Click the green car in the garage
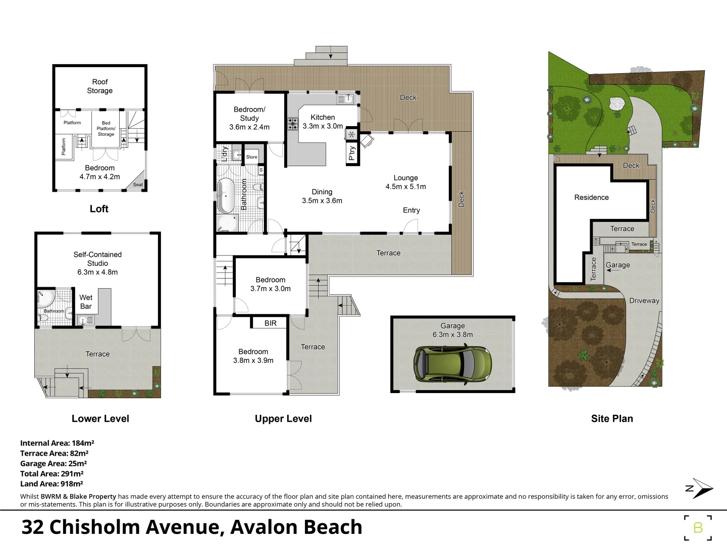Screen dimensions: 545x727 tap(452, 364)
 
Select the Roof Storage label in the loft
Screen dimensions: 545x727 tap(99, 86)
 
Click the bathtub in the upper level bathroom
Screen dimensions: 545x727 tap(226, 196)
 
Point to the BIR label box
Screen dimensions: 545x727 tap(270, 323)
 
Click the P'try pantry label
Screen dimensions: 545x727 tap(352, 153)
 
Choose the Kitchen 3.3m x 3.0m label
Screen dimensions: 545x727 tap(323, 122)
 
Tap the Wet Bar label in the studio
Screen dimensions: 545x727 tap(86, 302)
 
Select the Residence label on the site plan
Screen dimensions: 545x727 tap(591, 197)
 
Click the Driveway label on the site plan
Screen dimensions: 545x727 tap(644, 300)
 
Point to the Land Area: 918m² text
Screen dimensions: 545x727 tap(51, 483)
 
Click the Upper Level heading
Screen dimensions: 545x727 tap(283, 418)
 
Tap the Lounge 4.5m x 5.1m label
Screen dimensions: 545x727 tap(405, 182)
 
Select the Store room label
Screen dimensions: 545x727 tap(251, 157)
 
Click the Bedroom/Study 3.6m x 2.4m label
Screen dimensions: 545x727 tap(249, 118)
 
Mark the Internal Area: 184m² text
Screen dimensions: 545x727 tap(57, 443)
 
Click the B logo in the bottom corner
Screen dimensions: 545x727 tap(698, 528)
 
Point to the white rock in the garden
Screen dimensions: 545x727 tap(617, 103)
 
